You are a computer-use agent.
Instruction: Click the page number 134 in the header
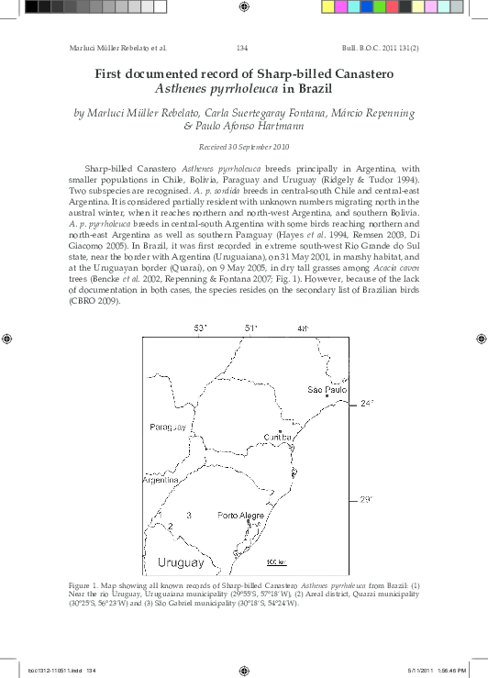click(x=243, y=47)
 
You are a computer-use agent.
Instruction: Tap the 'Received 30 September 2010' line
click(x=243, y=148)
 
